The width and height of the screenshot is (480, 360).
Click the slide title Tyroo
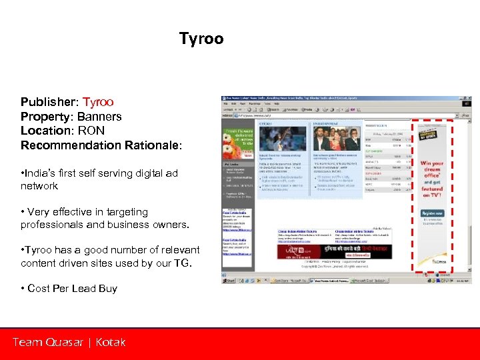pos(201,39)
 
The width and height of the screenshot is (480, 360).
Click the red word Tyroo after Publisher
pos(98,102)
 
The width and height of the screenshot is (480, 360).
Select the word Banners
pos(99,117)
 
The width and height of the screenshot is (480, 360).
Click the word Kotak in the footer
pos(110,343)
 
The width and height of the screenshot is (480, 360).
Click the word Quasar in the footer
pos(65,343)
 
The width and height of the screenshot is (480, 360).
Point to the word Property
pos(45,117)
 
